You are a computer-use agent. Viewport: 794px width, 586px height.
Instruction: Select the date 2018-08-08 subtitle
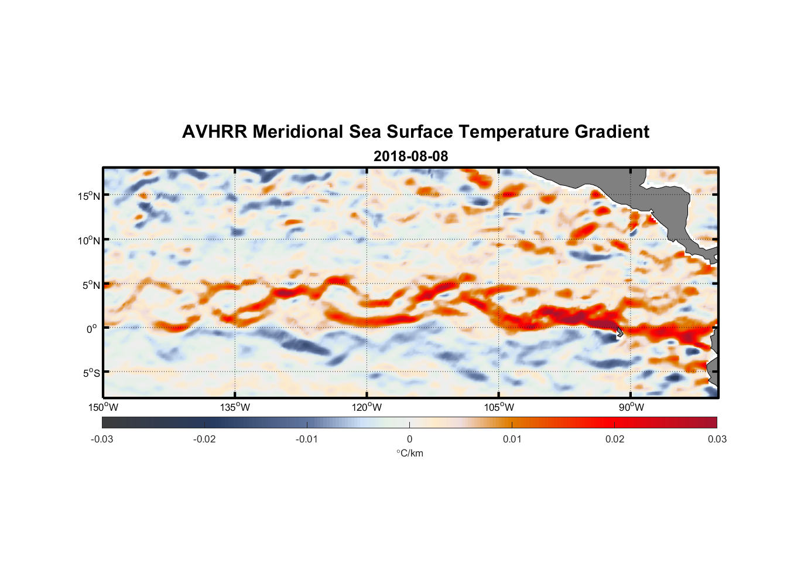pyautogui.click(x=410, y=156)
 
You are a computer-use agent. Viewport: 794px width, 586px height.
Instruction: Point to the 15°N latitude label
pyautogui.click(x=89, y=196)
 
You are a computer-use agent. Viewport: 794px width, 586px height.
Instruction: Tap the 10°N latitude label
pyautogui.click(x=89, y=240)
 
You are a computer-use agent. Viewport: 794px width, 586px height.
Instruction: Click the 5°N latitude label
pyautogui.click(x=91, y=285)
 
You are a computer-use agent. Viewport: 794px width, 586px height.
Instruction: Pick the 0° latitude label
pyautogui.click(x=92, y=329)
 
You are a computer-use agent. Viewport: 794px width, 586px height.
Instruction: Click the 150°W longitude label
pyautogui.click(x=103, y=407)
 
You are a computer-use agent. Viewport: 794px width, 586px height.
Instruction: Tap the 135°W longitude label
pyautogui.click(x=235, y=407)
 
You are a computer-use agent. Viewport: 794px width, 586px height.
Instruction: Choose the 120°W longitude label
pyautogui.click(x=367, y=407)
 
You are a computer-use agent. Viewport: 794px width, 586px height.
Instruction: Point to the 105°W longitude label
pyautogui.click(x=499, y=407)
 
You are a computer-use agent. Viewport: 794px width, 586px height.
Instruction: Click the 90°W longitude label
pyautogui.click(x=631, y=407)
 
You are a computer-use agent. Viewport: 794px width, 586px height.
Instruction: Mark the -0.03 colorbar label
pyautogui.click(x=102, y=439)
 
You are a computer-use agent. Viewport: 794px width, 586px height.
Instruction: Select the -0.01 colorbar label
pyautogui.click(x=307, y=439)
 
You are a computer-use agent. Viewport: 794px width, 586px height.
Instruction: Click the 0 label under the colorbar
pyautogui.click(x=409, y=439)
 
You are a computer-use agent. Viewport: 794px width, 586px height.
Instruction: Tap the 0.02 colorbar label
pyautogui.click(x=615, y=439)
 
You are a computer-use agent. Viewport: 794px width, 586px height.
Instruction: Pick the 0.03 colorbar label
pyautogui.click(x=717, y=439)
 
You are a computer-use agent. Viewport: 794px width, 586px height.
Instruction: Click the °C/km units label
pyautogui.click(x=409, y=453)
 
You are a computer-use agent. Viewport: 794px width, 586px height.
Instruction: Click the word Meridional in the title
pyautogui.click(x=298, y=132)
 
